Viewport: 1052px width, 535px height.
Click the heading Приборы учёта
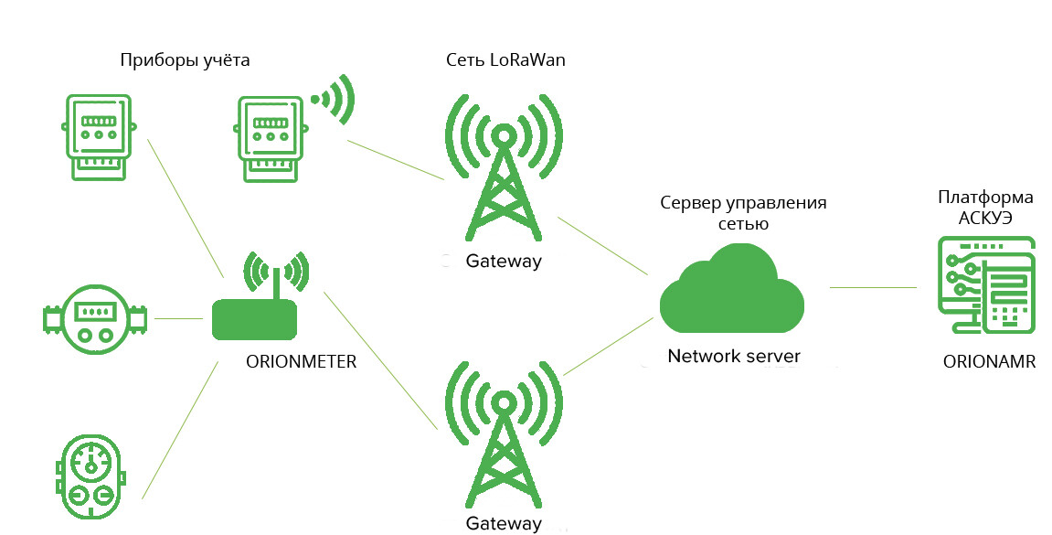coord(185,60)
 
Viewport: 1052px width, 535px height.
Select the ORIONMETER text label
coord(301,362)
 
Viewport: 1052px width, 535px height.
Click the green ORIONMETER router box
coord(254,319)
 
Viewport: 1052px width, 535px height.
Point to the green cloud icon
coord(732,292)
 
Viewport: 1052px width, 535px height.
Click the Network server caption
coord(734,356)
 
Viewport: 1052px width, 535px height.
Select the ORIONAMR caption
coord(989,362)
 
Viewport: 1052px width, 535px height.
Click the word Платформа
coord(986,198)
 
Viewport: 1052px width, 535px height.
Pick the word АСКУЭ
coord(985,218)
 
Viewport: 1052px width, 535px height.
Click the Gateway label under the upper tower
coord(504,261)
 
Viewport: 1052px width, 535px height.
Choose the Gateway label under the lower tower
coord(504,524)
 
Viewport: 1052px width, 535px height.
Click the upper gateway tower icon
coord(503,165)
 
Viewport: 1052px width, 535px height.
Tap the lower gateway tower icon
coord(503,434)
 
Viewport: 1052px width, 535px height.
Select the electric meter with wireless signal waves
coord(269,137)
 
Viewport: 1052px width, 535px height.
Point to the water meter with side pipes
coord(94,317)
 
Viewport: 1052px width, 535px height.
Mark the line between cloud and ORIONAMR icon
coord(873,287)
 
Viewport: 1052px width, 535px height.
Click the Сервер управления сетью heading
coord(749,212)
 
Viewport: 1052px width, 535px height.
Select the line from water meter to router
coord(179,318)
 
